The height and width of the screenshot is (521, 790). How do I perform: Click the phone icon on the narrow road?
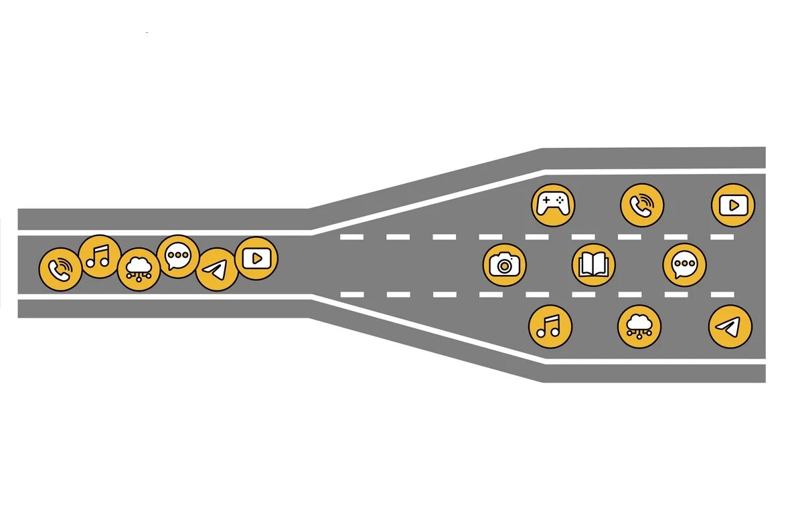tap(60, 270)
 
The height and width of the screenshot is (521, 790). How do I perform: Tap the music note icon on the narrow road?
tap(100, 256)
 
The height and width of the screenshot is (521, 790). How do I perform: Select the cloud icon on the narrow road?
tap(139, 270)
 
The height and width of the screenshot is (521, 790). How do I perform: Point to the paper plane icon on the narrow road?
tap(216, 270)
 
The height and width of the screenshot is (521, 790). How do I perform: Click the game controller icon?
tap(553, 205)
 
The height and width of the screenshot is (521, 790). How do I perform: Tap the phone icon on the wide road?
tap(642, 205)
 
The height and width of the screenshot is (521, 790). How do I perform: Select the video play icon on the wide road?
tap(733, 205)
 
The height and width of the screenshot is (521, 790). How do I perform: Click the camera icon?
tap(504, 264)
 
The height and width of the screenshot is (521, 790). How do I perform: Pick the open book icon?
tap(593, 265)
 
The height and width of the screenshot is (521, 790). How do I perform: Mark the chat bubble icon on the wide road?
tap(684, 265)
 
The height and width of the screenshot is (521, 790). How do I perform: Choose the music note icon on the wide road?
tap(550, 326)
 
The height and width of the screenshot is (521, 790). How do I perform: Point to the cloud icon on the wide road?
tap(639, 326)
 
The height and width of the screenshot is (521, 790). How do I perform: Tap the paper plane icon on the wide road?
tap(730, 326)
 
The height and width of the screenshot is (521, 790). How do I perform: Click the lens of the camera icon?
tap(504, 266)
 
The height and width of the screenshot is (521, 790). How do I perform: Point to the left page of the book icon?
tap(586, 265)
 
